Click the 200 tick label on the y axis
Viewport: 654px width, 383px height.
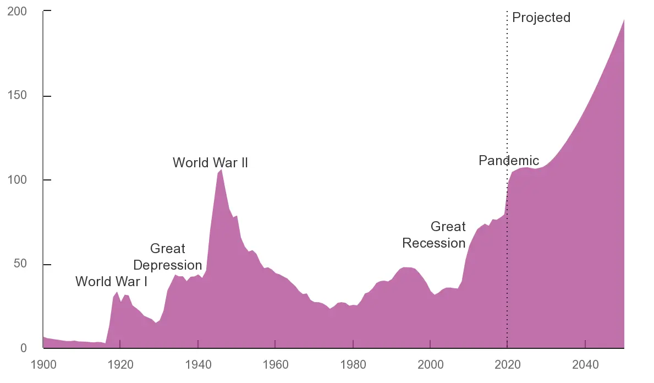click(x=17, y=12)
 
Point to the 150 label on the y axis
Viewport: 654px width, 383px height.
click(x=17, y=96)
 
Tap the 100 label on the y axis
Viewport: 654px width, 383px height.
click(x=17, y=180)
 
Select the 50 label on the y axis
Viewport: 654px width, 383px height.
click(x=20, y=264)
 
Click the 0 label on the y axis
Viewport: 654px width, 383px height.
click(x=23, y=348)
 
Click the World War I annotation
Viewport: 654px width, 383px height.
click(x=111, y=282)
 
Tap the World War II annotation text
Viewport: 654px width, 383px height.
click(x=210, y=163)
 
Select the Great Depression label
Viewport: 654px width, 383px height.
click(x=168, y=257)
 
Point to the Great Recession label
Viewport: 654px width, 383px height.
click(x=435, y=235)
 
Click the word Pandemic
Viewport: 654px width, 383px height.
click(x=508, y=161)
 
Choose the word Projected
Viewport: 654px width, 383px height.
click(x=541, y=18)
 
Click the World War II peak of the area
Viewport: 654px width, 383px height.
click(x=221, y=170)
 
